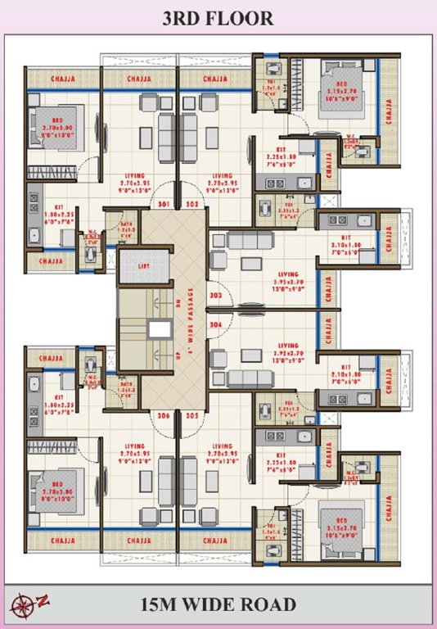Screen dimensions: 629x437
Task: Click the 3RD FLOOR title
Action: point(218,17)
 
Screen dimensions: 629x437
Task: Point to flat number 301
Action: point(164,203)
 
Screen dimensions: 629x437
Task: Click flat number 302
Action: point(191,203)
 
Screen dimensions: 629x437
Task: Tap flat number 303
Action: point(216,294)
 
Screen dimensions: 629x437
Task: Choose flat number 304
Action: point(216,324)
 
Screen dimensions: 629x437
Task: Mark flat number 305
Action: point(191,415)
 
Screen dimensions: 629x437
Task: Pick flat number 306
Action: point(164,415)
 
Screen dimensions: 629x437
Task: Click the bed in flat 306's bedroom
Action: point(54,490)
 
